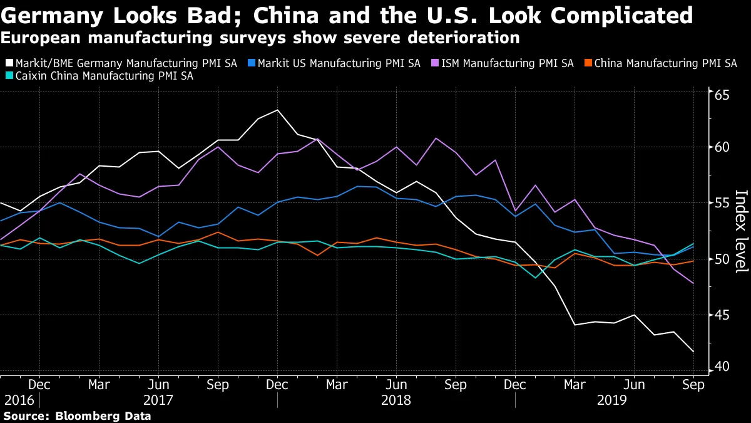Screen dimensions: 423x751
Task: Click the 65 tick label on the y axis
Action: (723, 96)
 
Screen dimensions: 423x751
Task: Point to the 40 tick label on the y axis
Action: (723, 365)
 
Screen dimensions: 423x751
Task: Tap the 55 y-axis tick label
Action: (723, 203)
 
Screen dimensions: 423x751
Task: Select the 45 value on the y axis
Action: (723, 315)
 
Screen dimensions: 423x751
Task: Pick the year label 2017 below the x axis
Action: (158, 399)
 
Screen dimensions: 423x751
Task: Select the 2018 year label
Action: (396, 399)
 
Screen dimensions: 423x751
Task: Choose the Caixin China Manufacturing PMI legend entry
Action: (104, 76)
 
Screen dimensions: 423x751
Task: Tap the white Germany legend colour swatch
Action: (8, 63)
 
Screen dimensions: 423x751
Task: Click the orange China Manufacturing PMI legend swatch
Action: (588, 63)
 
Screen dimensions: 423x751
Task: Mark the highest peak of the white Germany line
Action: (277, 110)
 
